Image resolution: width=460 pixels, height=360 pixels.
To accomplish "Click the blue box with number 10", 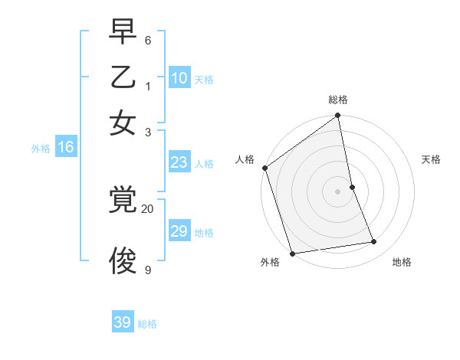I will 179,78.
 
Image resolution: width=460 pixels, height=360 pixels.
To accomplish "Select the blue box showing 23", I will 179,162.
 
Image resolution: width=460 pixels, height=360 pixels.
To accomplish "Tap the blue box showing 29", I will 179,231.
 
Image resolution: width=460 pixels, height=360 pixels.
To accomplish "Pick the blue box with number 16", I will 66,147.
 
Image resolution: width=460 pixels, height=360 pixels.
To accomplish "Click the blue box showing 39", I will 123,322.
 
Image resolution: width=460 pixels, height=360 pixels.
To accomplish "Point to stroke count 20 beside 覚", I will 147,208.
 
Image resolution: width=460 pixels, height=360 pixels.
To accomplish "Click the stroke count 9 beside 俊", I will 148,270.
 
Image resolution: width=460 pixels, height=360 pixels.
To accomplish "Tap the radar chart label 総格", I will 338,100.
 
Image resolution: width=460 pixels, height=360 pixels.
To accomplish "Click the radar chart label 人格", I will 245,159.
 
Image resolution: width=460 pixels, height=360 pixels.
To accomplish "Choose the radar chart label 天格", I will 431,159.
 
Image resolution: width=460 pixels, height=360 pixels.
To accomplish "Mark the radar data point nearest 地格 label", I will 374,242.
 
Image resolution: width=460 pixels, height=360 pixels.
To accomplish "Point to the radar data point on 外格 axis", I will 292,253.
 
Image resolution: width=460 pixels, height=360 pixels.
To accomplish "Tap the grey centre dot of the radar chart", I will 338,191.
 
